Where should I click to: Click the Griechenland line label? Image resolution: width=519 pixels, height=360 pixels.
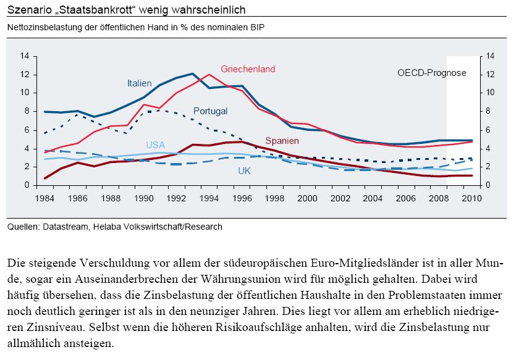coord(248,69)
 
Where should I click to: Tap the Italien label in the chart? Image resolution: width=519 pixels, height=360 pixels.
coord(139,83)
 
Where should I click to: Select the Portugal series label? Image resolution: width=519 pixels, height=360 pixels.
coord(211,111)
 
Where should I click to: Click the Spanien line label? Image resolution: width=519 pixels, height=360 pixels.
coord(282,140)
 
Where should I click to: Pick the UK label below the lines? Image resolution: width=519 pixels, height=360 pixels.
coord(244,170)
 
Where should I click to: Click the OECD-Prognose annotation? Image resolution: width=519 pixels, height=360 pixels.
coord(431,73)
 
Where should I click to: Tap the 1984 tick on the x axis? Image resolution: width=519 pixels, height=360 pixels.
coord(45,198)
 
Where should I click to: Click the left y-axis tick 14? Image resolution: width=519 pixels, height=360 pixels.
coord(25,56)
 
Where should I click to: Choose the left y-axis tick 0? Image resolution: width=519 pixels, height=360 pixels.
coord(27,185)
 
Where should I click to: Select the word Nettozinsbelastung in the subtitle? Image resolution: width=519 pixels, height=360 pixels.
coord(45,27)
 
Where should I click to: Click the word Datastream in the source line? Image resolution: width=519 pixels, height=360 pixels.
coord(66,227)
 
